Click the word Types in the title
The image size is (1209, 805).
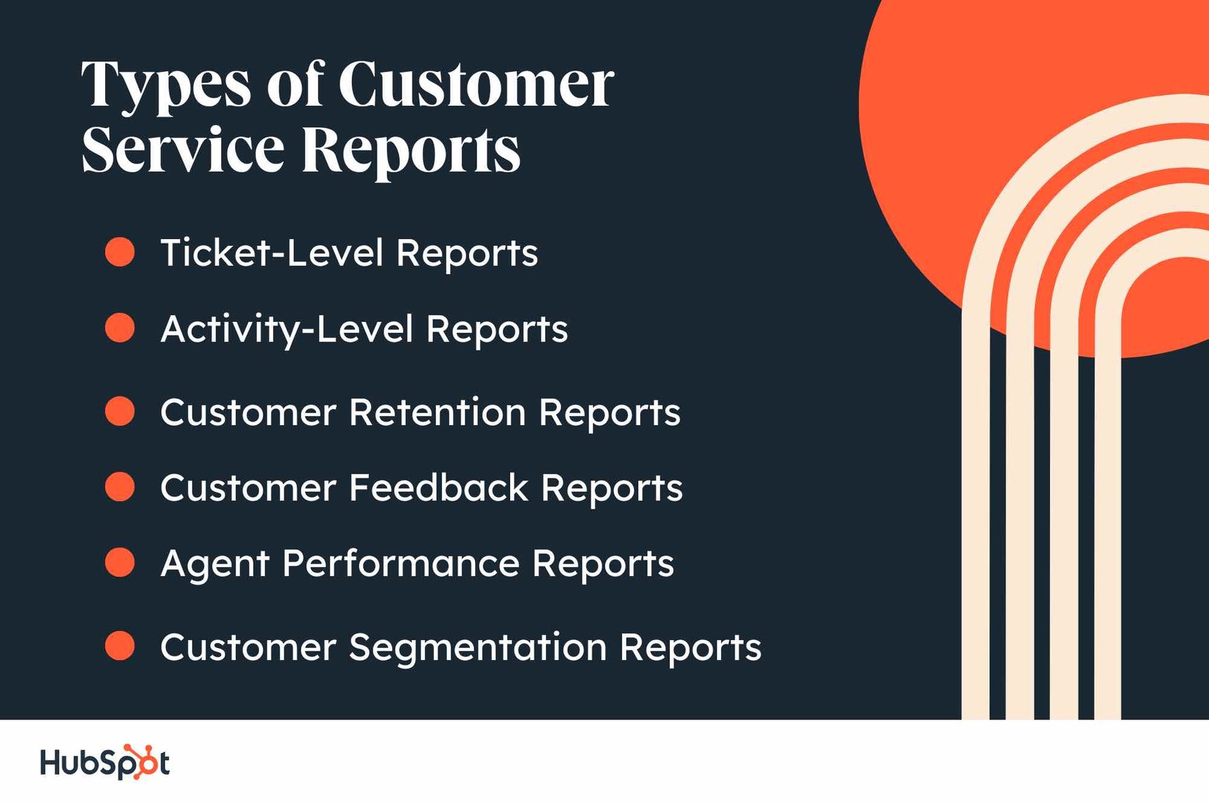click(x=166, y=86)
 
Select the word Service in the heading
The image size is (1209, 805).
click(x=183, y=149)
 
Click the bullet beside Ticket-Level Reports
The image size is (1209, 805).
click(x=120, y=252)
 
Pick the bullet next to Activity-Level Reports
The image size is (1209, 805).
click(x=120, y=328)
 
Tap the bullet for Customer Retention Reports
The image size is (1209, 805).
click(x=120, y=412)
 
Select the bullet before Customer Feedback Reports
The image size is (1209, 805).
click(x=120, y=487)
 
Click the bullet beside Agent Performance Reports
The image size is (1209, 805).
click(x=120, y=562)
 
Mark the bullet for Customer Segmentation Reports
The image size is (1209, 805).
click(x=120, y=646)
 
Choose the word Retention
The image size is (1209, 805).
click(x=437, y=412)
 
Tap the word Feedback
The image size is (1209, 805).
click(x=439, y=487)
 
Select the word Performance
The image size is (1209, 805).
click(x=401, y=563)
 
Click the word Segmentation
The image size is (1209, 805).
click(x=478, y=647)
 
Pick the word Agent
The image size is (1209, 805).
click(x=215, y=564)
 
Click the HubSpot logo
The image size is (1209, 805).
click(x=104, y=763)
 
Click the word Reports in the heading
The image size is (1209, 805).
click(x=411, y=150)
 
